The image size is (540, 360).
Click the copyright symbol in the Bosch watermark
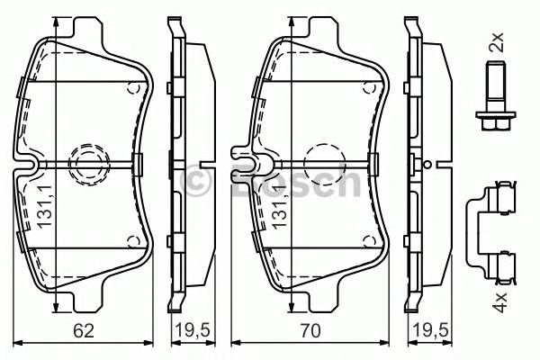(x=196, y=183)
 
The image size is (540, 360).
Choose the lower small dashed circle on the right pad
(x=369, y=240)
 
